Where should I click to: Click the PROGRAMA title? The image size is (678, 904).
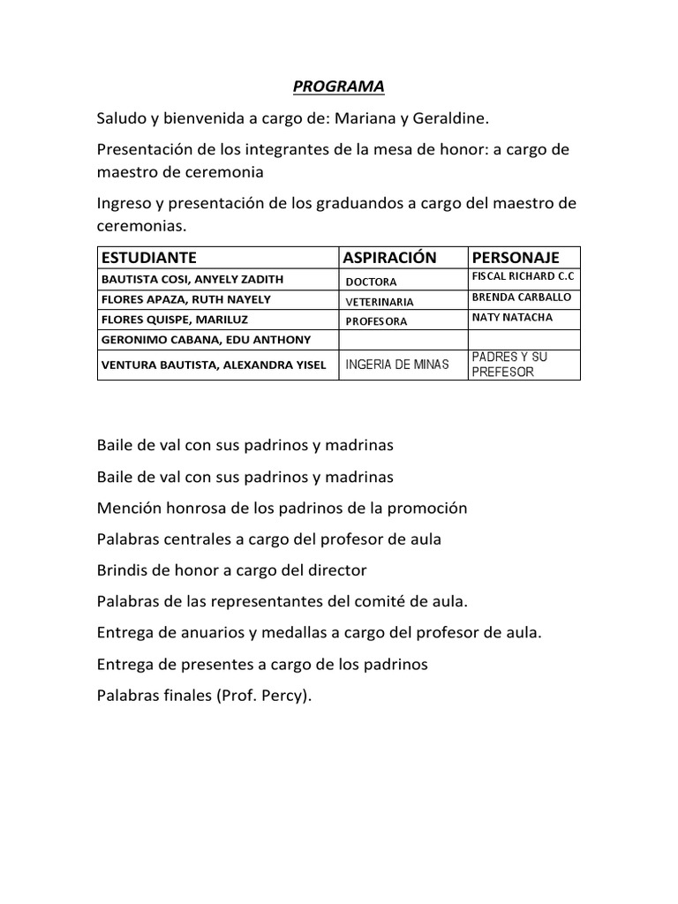pos(339,87)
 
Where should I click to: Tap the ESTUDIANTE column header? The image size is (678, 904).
pos(149,258)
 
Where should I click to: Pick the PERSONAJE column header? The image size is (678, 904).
pos(516,258)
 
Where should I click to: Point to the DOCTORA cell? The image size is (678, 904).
pos(371,282)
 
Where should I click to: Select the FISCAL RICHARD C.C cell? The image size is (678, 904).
pos(524,277)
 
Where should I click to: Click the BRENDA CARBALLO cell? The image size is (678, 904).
pos(522,298)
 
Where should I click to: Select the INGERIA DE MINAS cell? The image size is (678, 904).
pos(397,364)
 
